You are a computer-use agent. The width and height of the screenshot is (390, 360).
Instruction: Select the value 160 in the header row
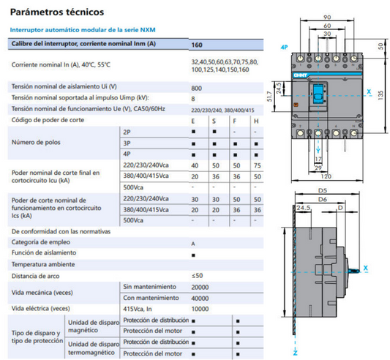click(x=197, y=45)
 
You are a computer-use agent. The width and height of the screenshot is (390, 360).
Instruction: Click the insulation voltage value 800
click(x=197, y=86)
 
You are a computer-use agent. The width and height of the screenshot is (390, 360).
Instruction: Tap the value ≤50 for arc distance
click(x=197, y=276)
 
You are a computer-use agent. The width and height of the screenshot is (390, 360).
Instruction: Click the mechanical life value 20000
click(x=200, y=287)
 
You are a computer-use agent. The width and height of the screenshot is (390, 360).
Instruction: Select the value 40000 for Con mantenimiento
click(x=200, y=298)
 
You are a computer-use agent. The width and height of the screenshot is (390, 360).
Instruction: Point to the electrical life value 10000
click(x=200, y=309)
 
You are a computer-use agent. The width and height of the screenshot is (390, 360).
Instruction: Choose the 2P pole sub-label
click(x=127, y=131)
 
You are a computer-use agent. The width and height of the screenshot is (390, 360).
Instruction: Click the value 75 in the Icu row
click(x=255, y=165)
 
